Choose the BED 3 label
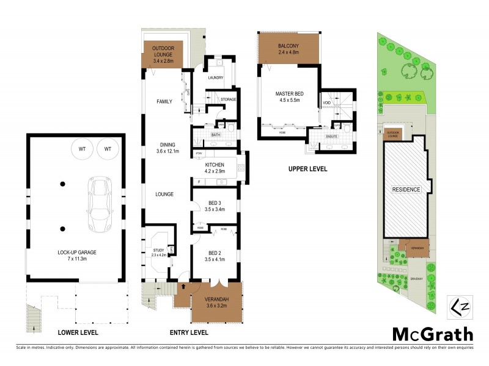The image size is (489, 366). pyautogui.click(x=214, y=205)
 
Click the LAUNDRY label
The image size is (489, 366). pyautogui.click(x=215, y=78)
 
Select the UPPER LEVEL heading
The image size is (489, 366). pyautogui.click(x=307, y=168)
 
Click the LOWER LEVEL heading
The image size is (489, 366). pyautogui.click(x=78, y=333)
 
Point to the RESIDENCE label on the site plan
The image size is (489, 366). pyautogui.click(x=406, y=190)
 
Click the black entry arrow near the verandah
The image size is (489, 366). pyautogui.click(x=183, y=286)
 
